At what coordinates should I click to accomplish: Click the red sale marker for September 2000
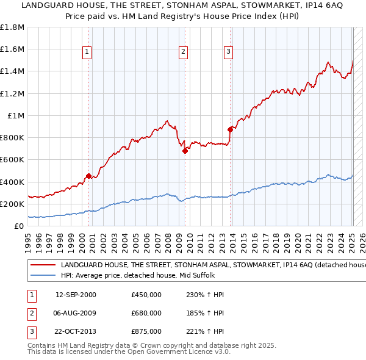(88, 176)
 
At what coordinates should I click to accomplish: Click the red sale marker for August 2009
(184, 151)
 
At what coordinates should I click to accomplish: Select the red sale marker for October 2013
(230, 129)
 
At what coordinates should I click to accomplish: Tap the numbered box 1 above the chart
(88, 52)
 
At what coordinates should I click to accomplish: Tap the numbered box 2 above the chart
(183, 52)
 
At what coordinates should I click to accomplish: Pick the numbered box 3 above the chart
(228, 52)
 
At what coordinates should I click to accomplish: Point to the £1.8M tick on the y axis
(13, 27)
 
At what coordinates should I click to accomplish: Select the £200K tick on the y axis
(13, 204)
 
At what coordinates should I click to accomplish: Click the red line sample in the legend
(43, 265)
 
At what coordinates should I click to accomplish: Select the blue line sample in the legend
(43, 276)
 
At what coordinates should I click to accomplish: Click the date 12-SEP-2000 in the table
(76, 295)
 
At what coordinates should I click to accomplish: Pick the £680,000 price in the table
(146, 313)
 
